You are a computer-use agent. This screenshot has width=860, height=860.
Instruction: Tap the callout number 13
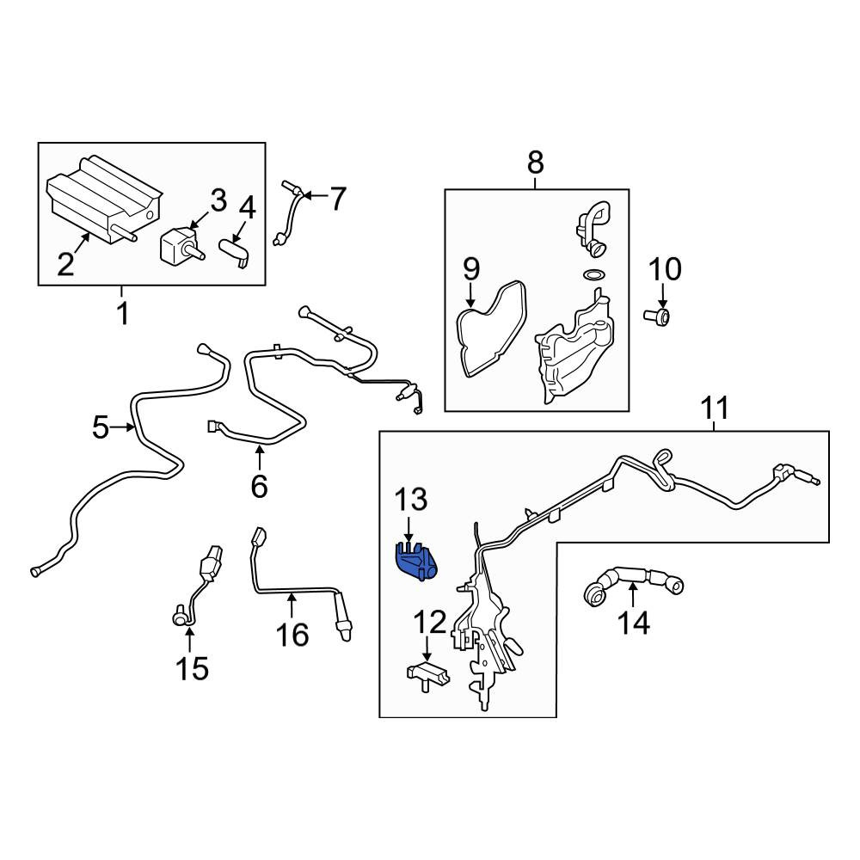click(411, 500)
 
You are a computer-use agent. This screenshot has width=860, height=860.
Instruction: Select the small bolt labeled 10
click(657, 316)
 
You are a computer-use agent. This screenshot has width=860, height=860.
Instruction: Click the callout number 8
click(535, 163)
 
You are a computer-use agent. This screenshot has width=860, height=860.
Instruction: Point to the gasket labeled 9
click(490, 329)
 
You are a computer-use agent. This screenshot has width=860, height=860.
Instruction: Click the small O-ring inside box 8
click(593, 273)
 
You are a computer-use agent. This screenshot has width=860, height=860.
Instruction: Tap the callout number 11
click(716, 408)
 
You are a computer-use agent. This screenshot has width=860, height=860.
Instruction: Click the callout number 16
click(292, 636)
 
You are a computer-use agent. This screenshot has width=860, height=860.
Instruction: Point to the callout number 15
click(192, 669)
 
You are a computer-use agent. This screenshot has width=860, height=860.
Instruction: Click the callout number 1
click(124, 313)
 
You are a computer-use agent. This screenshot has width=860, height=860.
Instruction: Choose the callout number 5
click(101, 427)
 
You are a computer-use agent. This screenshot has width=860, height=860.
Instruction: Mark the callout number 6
click(259, 486)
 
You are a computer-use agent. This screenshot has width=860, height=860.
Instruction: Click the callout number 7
click(337, 200)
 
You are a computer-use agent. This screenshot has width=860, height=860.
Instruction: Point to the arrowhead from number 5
click(131, 427)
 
